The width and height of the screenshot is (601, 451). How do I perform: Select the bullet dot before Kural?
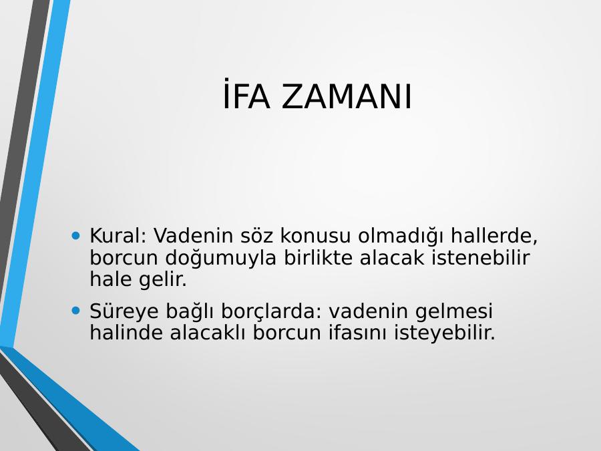[76, 235]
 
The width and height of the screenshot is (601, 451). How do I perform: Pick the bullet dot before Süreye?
[76, 310]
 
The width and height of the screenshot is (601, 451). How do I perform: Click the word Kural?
[118, 235]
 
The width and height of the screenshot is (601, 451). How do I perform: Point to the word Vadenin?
[193, 235]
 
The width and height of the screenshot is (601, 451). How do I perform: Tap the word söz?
[257, 235]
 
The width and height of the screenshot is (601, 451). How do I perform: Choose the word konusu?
[315, 235]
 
